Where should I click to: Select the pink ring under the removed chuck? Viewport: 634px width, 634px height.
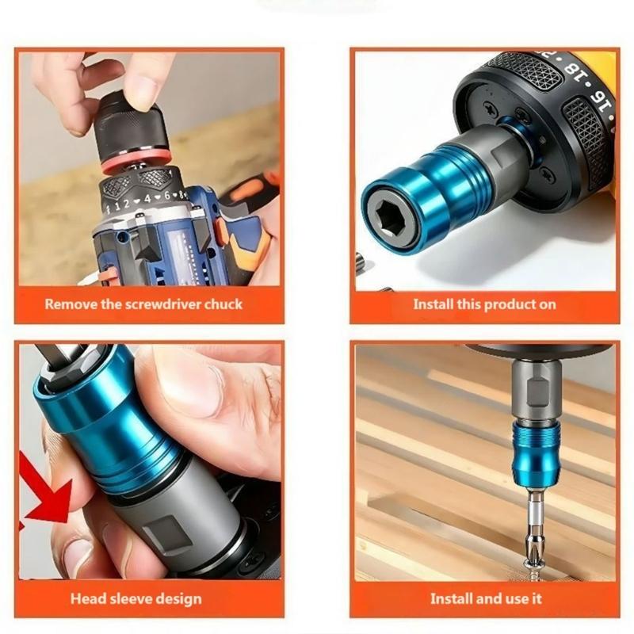(136, 160)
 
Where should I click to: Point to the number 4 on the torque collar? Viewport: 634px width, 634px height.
(147, 199)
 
